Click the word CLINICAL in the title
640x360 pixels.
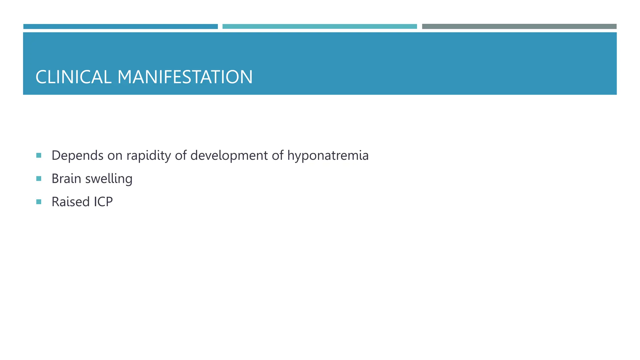coord(73,77)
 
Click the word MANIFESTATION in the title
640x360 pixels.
coord(185,77)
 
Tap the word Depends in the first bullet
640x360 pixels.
coord(77,156)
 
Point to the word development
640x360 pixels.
coord(229,156)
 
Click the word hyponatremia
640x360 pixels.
coord(328,156)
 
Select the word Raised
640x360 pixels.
coord(71,202)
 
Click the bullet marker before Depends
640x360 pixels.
coord(39,155)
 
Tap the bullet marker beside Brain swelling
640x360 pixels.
coord(39,178)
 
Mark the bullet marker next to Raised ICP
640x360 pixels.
coord(39,202)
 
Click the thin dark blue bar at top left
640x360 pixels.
coord(120,27)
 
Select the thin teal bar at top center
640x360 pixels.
coord(319,27)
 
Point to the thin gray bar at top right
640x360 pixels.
coord(519,27)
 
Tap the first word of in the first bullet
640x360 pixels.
coord(181,156)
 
